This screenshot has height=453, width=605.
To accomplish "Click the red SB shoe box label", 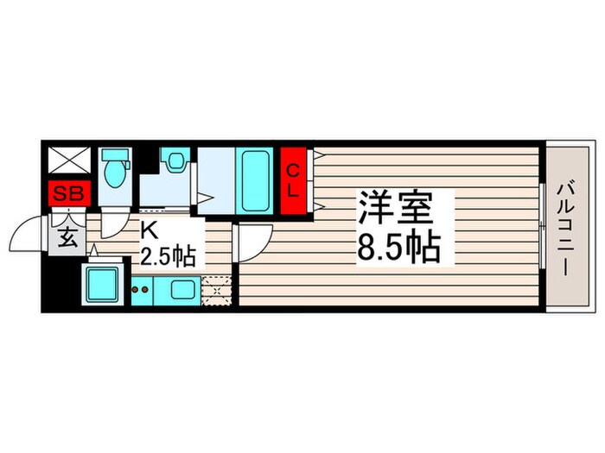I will pyautogui.click(x=67, y=193).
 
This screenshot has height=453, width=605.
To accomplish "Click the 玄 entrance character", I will pyautogui.click(x=68, y=238).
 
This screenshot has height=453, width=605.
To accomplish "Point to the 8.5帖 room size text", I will pyautogui.click(x=399, y=249).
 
